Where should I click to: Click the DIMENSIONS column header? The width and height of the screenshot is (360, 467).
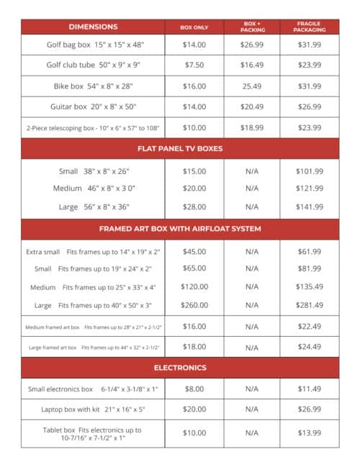coord(93,27)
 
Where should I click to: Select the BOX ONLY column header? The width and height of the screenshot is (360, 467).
coord(194,27)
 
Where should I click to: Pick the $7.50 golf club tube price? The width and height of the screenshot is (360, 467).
coord(194,65)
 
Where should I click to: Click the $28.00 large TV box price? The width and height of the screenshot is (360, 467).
coord(194,207)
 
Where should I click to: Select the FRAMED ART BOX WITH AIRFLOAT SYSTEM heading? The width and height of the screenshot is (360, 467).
coord(180,229)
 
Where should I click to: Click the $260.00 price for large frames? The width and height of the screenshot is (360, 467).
coord(194,304)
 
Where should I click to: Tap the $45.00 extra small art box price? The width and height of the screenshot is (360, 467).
coord(194,252)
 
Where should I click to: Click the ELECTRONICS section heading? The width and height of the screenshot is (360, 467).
coord(180,368)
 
